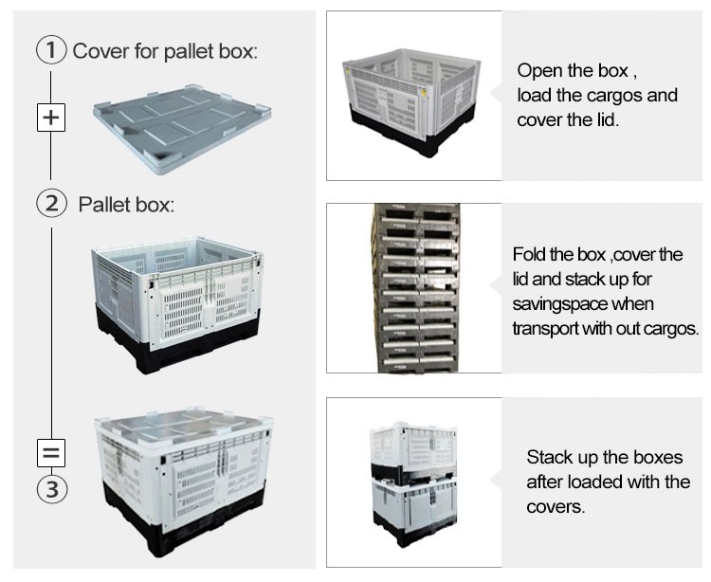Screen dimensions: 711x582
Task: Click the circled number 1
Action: point(51,50)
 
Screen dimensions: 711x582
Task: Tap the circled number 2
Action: point(51,203)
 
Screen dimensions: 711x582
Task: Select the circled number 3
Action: point(52,489)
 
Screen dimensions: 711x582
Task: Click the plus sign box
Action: point(51,118)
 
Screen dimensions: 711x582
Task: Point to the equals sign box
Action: point(51,452)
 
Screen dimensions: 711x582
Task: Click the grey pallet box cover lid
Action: point(182,128)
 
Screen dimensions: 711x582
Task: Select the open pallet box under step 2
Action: point(177,303)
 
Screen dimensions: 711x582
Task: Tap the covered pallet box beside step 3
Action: point(184,482)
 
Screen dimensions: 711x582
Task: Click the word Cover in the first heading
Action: point(100,51)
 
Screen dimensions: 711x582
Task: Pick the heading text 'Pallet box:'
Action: point(126,205)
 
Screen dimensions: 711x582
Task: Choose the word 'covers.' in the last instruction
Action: point(556,507)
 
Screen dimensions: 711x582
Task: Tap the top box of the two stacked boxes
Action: point(413,447)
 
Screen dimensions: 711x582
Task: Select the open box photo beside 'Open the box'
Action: point(411,102)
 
